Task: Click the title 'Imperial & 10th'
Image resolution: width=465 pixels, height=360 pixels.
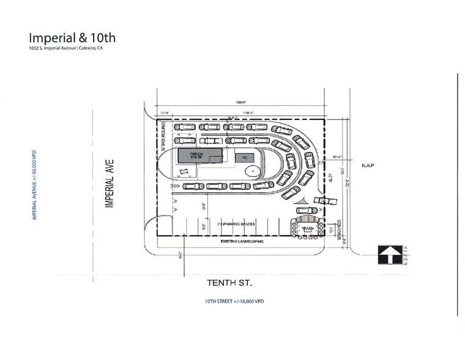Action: pos(72,38)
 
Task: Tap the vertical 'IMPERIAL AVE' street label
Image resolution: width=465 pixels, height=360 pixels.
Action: pos(110,183)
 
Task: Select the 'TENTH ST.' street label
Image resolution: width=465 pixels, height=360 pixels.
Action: pos(229,282)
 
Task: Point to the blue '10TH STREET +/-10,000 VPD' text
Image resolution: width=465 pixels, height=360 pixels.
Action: pos(234,301)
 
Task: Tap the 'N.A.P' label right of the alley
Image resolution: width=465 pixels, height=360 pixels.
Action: pos(367,165)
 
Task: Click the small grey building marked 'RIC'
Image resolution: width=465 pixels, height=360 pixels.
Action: pos(243,157)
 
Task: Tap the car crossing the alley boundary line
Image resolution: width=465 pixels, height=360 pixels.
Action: pos(324,201)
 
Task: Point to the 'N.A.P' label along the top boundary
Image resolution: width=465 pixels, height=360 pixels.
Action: pos(232,118)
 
